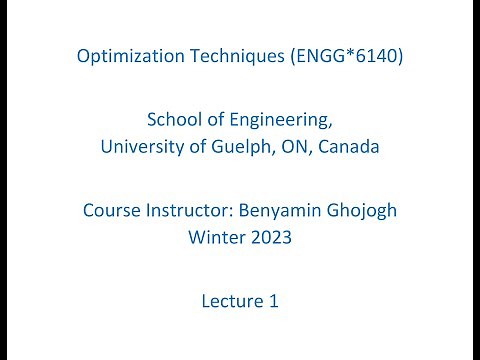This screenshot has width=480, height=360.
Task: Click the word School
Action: click(x=173, y=120)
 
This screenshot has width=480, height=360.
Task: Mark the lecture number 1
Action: click(x=272, y=300)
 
